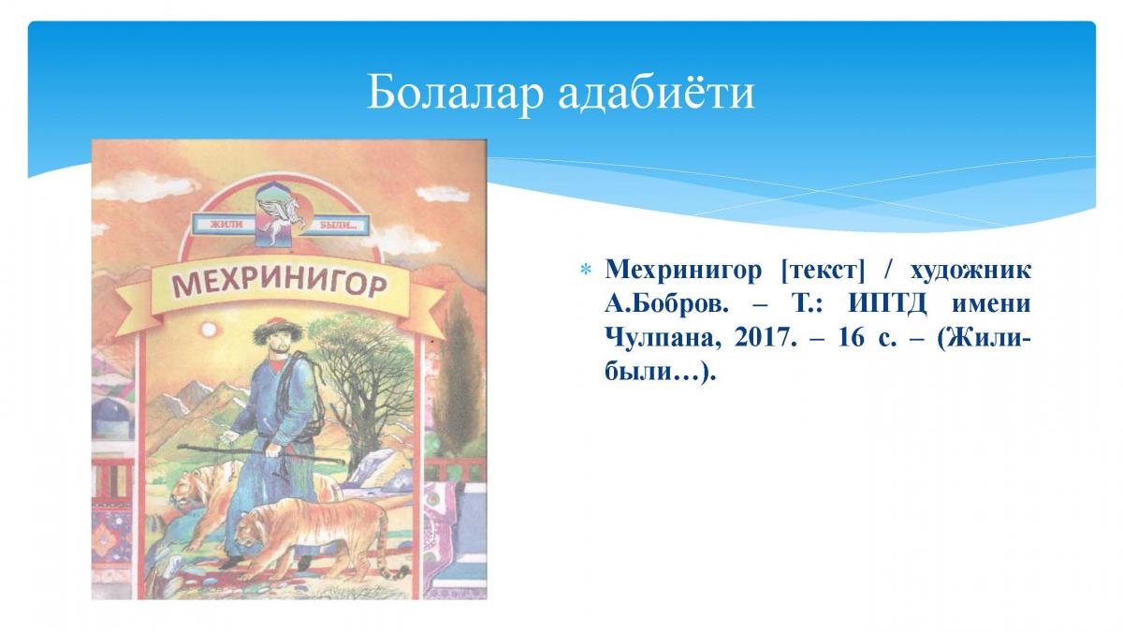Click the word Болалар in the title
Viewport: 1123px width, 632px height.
455,93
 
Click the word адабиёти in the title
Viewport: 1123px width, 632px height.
656,93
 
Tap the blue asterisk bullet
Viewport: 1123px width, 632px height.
585,270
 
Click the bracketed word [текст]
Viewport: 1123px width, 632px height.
823,271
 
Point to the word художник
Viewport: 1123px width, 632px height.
970,271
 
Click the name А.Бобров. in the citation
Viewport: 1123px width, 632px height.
666,304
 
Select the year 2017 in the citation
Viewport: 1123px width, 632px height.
765,338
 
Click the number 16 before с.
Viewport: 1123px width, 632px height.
852,338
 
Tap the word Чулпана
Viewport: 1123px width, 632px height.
664,339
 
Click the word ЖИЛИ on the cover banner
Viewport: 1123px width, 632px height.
226,224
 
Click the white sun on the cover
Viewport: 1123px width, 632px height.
208,330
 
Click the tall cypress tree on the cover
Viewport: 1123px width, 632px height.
458,371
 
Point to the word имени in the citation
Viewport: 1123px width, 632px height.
991,304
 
